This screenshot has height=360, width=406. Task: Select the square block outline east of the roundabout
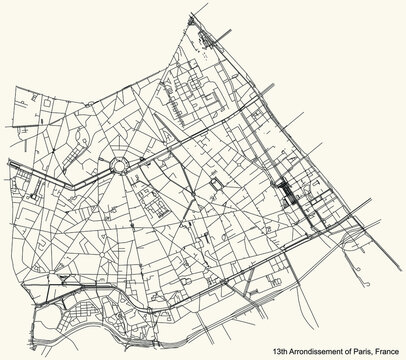coord(218,186)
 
